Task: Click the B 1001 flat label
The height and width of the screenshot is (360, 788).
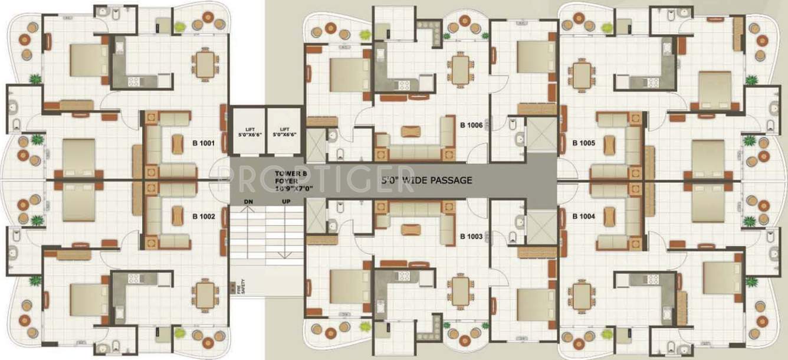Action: coord(203,143)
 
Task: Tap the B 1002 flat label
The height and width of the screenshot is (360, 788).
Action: coord(203,217)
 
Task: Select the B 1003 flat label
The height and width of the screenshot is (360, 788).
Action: coord(471,236)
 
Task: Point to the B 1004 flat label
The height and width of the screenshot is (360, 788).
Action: coord(583,217)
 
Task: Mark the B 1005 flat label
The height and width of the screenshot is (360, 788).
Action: coord(583,143)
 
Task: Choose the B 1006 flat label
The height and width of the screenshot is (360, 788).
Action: coord(471,125)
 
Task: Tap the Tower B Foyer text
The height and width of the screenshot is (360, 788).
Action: coord(288,180)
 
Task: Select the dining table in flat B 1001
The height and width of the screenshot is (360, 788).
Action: coord(205,64)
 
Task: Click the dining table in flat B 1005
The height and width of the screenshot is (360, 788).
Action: coord(582,74)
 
